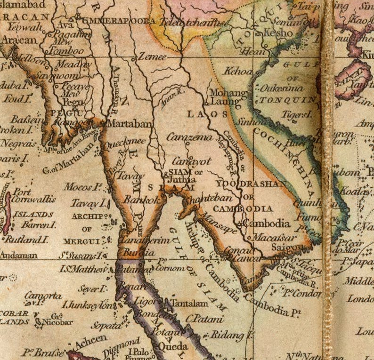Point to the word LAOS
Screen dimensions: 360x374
pos(207,114)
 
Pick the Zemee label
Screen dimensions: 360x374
pos(152,57)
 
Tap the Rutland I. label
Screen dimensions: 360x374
pos(26,239)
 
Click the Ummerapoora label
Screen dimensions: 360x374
pos(119,21)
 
